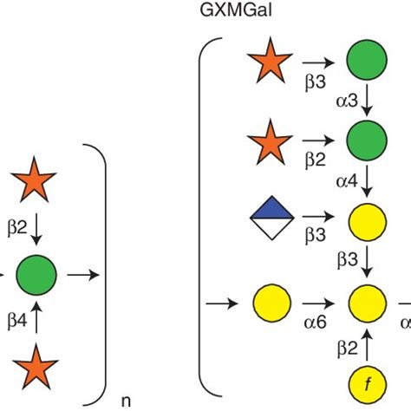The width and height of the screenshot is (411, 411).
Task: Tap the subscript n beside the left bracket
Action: (x=126, y=401)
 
